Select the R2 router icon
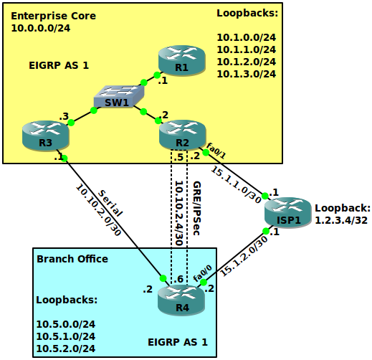click(x=183, y=136)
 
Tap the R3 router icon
click(x=46, y=136)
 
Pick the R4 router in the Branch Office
click(x=181, y=300)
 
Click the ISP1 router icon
click(x=288, y=212)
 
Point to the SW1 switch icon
click(x=119, y=96)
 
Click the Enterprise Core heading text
click(x=54, y=16)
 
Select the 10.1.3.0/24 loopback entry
click(x=247, y=74)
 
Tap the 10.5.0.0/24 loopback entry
click(x=66, y=324)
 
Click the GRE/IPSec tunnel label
click(x=196, y=208)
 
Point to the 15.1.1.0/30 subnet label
click(x=236, y=184)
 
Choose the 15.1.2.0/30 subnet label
click(x=244, y=256)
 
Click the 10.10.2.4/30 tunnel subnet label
click(x=179, y=213)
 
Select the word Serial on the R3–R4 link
click(x=110, y=203)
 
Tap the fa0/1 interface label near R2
click(x=216, y=151)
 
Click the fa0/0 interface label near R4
click(x=203, y=273)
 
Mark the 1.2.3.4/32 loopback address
click(x=341, y=220)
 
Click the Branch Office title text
click(x=72, y=259)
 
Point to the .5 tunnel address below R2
click(x=178, y=157)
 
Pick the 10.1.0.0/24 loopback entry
click(x=247, y=37)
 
